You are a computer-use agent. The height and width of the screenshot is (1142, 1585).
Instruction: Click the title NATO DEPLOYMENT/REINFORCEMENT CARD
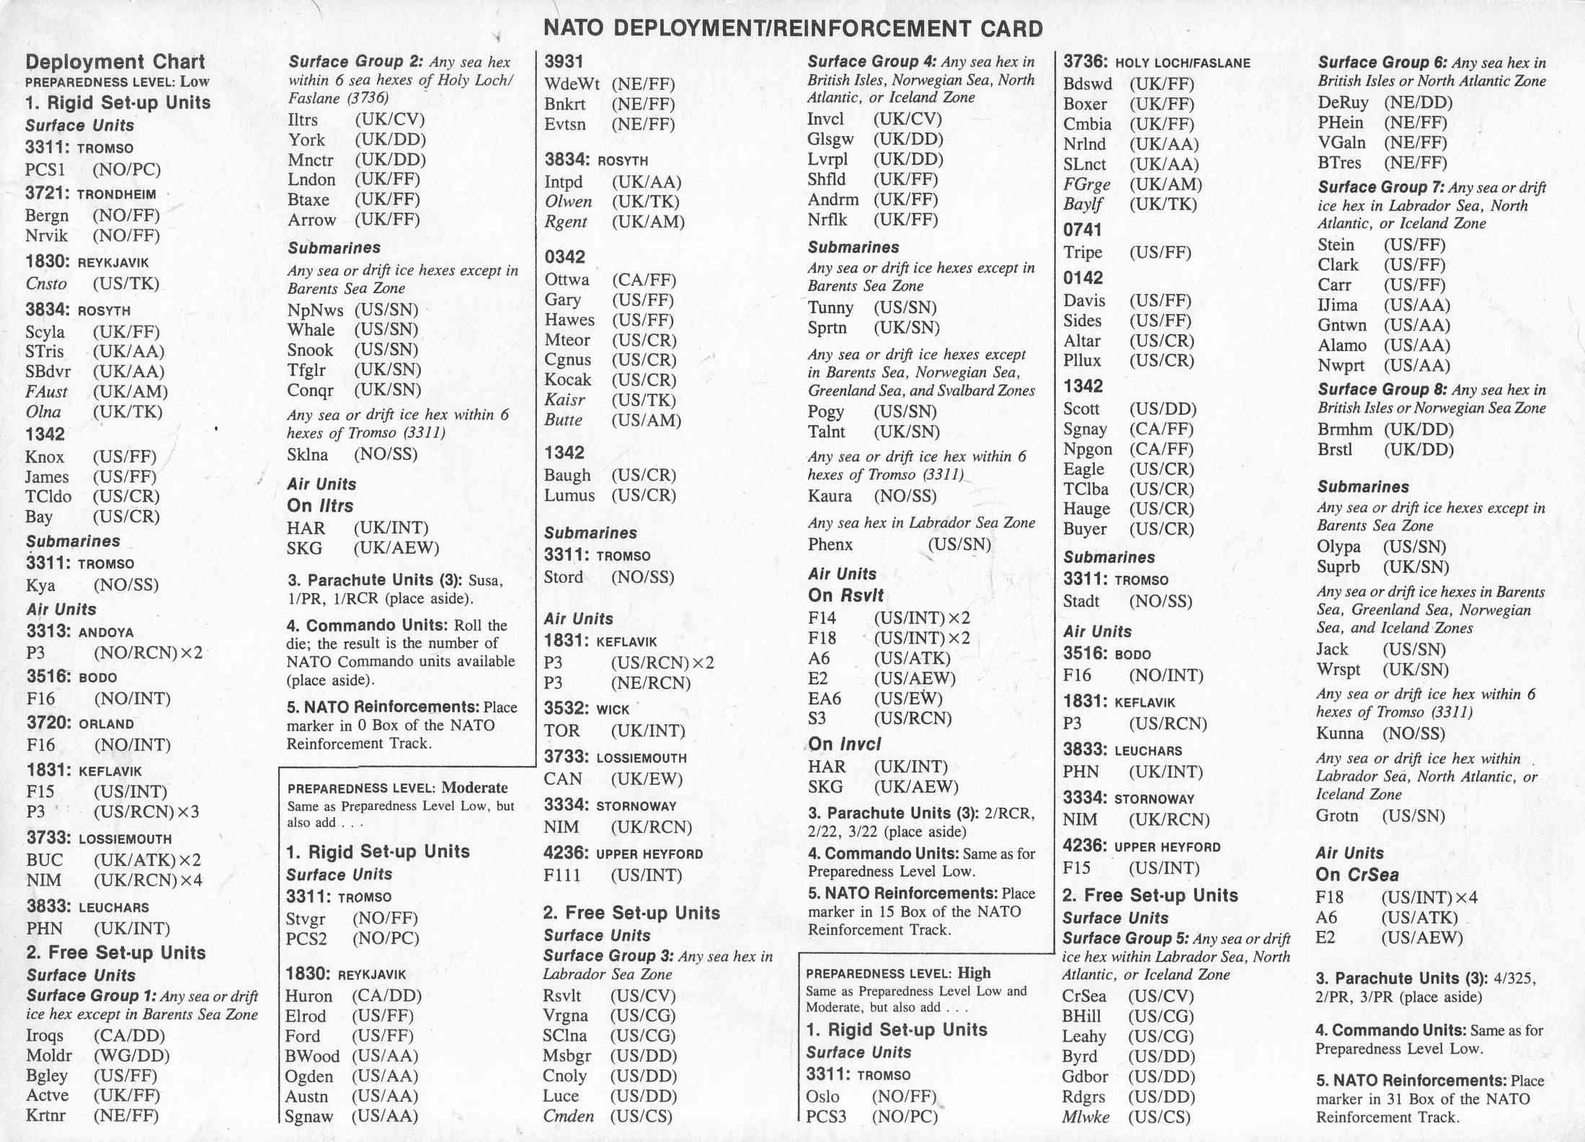pyautogui.click(x=792, y=29)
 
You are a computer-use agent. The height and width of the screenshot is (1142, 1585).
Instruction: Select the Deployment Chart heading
pyautogui.click(x=115, y=62)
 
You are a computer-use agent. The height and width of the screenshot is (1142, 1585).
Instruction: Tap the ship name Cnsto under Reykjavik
pyautogui.click(x=46, y=284)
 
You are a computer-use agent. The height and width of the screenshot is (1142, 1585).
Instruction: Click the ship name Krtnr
pyautogui.click(x=46, y=1116)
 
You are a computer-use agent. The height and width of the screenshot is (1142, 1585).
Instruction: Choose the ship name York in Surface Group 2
pyautogui.click(x=306, y=140)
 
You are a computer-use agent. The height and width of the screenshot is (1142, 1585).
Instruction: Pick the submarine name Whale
pyautogui.click(x=311, y=330)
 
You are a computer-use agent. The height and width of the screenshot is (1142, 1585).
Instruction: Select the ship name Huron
pyautogui.click(x=308, y=996)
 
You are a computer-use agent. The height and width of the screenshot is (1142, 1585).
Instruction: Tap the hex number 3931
pyautogui.click(x=564, y=62)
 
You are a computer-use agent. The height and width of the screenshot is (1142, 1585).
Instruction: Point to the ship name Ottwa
pyautogui.click(x=567, y=280)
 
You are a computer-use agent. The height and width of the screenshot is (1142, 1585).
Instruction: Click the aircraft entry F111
pyautogui.click(x=561, y=875)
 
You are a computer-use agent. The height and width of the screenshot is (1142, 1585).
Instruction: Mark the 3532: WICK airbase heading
pyautogui.click(x=587, y=709)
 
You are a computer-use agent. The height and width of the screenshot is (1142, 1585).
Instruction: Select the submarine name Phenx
pyautogui.click(x=830, y=545)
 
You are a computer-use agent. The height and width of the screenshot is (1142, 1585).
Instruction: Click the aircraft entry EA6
pyautogui.click(x=824, y=699)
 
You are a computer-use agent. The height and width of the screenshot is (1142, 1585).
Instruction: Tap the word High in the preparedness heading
pyautogui.click(x=974, y=973)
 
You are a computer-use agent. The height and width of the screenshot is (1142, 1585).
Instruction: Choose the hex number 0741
pyautogui.click(x=1083, y=230)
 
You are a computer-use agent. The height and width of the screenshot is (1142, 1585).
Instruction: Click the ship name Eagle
pyautogui.click(x=1083, y=469)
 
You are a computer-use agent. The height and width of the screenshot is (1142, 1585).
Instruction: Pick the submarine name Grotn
pyautogui.click(x=1337, y=816)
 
